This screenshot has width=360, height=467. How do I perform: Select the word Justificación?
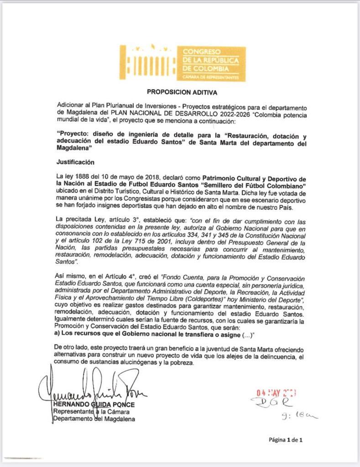click(75, 161)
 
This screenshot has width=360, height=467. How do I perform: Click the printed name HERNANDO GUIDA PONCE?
click(94, 405)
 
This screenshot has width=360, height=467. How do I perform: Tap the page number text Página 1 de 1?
click(286, 440)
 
